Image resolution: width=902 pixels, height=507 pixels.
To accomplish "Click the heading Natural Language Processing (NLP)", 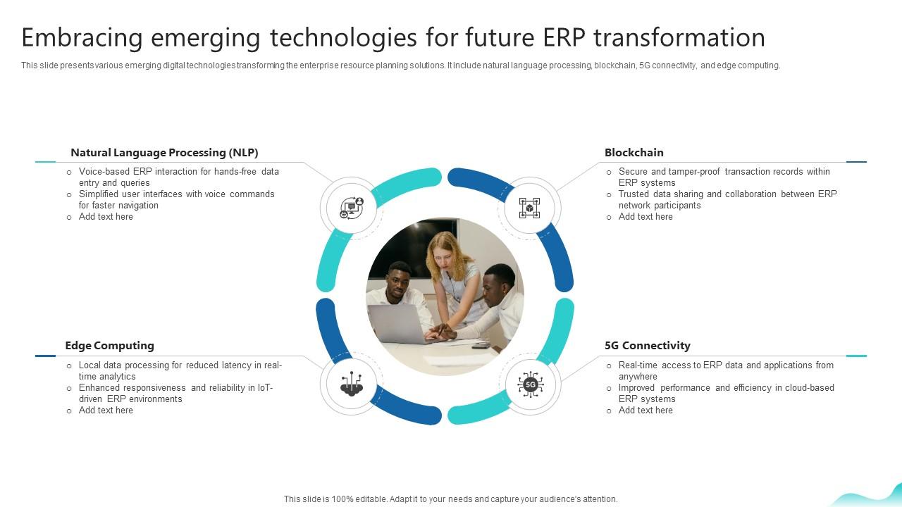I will [x=164, y=152].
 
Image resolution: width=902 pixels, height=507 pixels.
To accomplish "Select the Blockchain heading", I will [x=634, y=152].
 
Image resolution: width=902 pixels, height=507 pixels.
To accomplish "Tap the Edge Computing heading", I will [x=109, y=345].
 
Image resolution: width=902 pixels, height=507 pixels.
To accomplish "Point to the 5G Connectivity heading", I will [x=647, y=345].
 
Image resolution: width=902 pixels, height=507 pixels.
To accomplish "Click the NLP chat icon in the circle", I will [x=351, y=208].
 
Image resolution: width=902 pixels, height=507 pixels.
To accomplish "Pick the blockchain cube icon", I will [x=529, y=208].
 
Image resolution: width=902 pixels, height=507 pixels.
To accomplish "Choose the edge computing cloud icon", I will [x=351, y=384].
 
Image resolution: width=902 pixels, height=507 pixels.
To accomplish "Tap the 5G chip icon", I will [x=530, y=384].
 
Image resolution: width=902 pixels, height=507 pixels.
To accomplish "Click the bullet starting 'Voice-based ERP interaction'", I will [x=178, y=177].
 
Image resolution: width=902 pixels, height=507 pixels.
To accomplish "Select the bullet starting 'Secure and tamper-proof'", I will [x=724, y=177].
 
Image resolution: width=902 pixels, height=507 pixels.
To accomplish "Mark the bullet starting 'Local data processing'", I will [x=180, y=370].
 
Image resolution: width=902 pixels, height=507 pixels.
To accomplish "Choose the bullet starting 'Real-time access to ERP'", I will [x=725, y=370].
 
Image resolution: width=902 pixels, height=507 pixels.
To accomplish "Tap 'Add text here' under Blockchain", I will [x=645, y=217].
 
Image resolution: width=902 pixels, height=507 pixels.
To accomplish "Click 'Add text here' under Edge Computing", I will [x=106, y=410].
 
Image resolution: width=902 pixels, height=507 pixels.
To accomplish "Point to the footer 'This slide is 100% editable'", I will [x=450, y=499].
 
